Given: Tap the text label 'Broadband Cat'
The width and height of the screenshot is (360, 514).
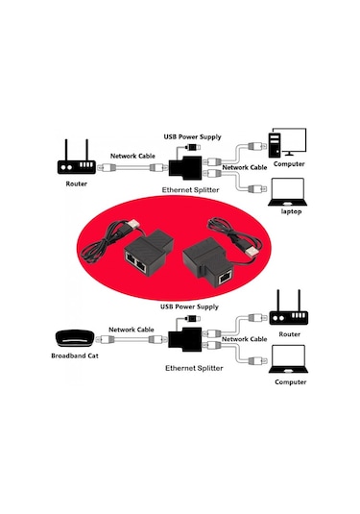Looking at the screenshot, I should click(x=74, y=356).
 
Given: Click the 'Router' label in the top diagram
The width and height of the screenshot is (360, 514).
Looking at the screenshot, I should click(x=76, y=183).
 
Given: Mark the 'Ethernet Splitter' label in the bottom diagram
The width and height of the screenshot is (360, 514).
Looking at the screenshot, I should click(x=193, y=368).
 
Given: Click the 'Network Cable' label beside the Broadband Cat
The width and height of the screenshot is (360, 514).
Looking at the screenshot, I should click(x=132, y=329).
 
